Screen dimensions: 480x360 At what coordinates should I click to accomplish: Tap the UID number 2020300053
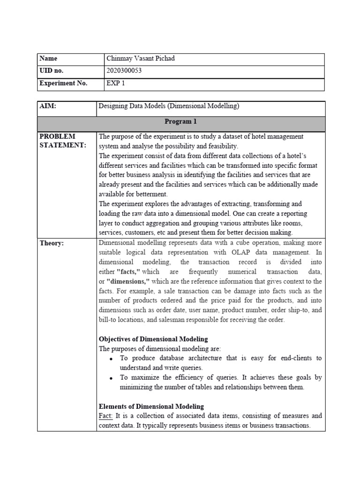click(124, 71)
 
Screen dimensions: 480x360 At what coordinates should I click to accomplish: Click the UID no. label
click(52, 71)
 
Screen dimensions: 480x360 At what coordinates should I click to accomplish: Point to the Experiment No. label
click(64, 84)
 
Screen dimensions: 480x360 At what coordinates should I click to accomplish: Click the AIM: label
click(48, 106)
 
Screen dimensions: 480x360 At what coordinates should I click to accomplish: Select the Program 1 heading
click(180, 122)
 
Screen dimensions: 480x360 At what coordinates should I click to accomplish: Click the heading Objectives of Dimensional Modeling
click(153, 339)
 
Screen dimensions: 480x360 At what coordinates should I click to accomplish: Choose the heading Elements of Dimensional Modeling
click(151, 406)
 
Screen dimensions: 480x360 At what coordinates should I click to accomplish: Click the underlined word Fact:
click(106, 416)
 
